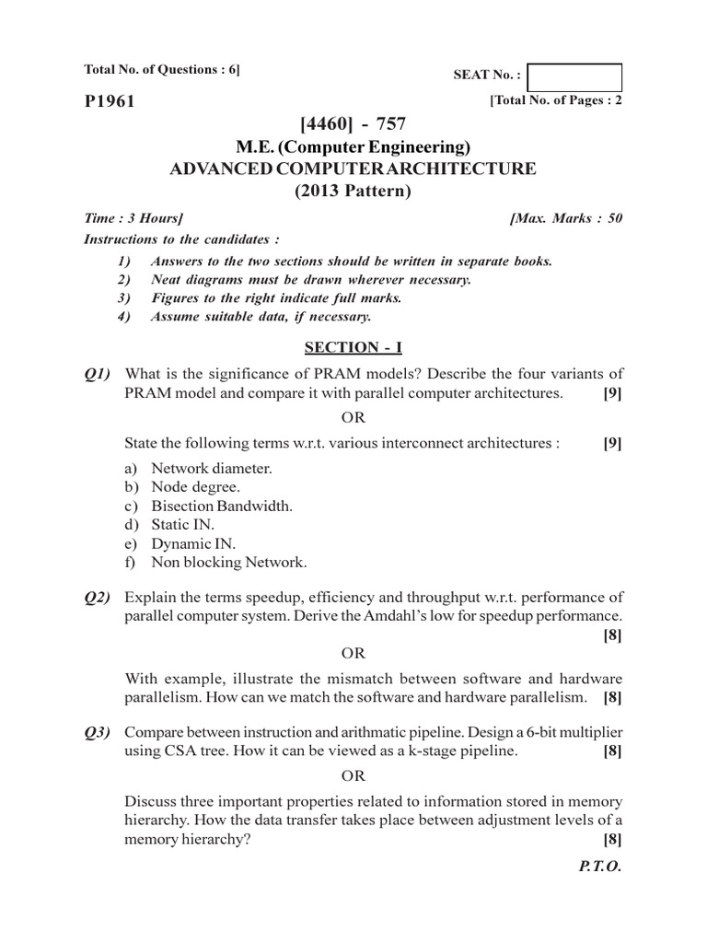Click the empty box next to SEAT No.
pos(575,77)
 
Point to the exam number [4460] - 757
pos(353,124)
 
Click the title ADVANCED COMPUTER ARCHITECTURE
pos(353,169)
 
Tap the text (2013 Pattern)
pos(353,192)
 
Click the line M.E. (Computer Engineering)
pos(353,147)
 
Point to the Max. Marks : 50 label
pos(565,218)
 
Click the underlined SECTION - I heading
pos(353,347)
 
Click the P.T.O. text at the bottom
pos(601,867)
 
